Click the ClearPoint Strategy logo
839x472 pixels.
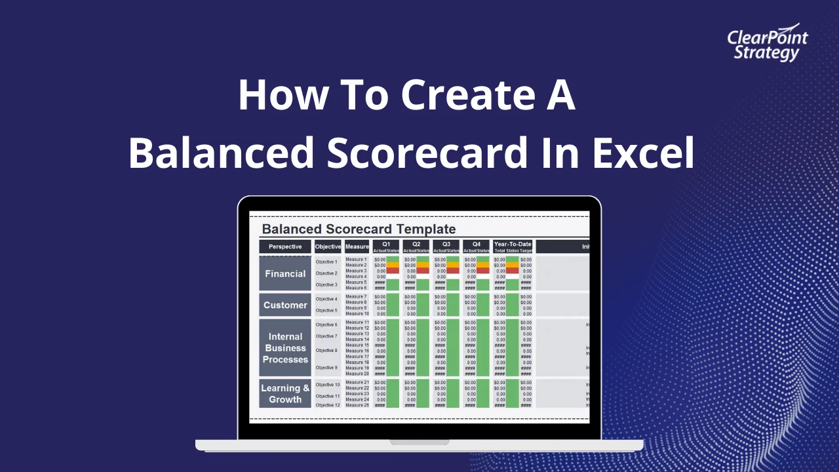768,45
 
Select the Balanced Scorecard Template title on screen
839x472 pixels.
359,229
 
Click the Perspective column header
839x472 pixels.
285,246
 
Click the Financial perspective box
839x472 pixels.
285,273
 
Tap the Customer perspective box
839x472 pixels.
285,305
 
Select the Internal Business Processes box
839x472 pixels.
285,348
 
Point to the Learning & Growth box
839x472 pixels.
285,393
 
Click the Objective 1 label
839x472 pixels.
326,262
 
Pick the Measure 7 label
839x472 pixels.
357,296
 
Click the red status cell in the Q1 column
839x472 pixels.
393,271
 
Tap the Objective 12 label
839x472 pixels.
328,405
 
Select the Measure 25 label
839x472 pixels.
357,405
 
